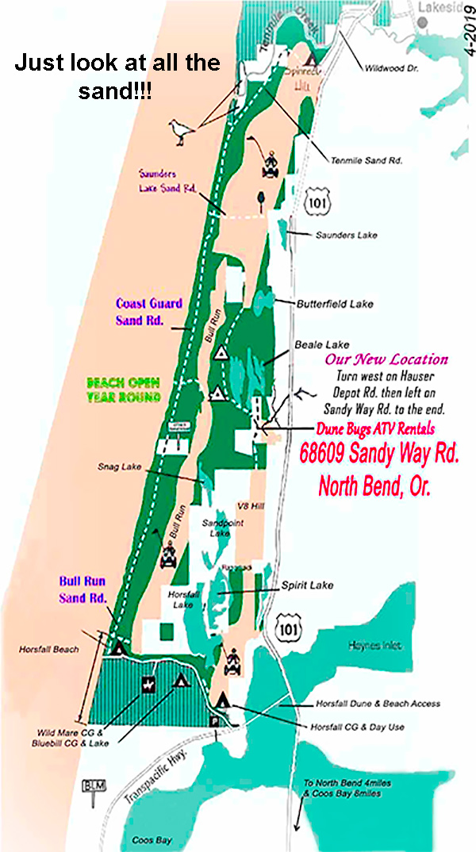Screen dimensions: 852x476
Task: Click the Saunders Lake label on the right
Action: pyautogui.click(x=347, y=235)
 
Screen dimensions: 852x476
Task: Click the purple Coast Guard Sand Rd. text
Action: pyautogui.click(x=150, y=312)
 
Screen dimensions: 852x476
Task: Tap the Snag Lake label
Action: pyautogui.click(x=120, y=467)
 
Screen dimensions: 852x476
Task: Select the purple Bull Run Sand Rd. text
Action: pyautogui.click(x=83, y=589)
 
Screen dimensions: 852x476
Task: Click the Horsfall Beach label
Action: pyautogui.click(x=49, y=649)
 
